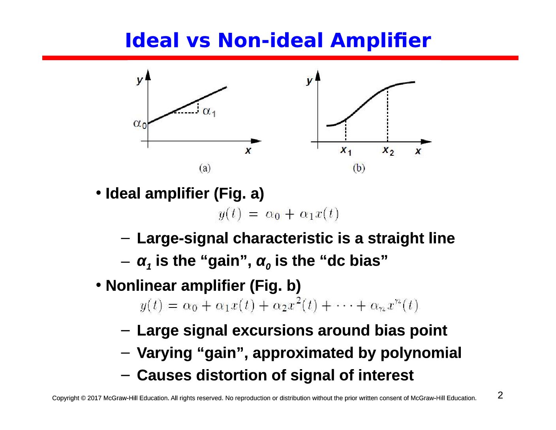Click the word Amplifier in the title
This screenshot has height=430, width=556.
(x=380, y=40)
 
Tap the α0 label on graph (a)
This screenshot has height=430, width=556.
(x=140, y=124)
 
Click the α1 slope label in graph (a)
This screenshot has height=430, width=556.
(x=209, y=111)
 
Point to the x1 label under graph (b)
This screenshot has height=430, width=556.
(x=346, y=151)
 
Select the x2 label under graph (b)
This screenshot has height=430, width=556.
(x=388, y=151)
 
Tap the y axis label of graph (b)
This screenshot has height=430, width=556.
(x=309, y=81)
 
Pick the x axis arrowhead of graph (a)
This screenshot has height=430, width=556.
(x=256, y=141)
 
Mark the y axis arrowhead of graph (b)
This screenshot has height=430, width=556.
(x=317, y=75)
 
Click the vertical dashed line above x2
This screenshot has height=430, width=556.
(x=387, y=115)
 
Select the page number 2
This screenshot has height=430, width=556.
(x=500, y=395)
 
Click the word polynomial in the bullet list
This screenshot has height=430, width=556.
(x=421, y=353)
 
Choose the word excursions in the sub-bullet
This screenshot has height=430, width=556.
(x=272, y=330)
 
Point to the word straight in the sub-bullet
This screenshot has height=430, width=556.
(x=396, y=239)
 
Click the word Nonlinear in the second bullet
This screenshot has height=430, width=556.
(x=141, y=286)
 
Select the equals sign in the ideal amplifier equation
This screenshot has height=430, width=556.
(x=253, y=214)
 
